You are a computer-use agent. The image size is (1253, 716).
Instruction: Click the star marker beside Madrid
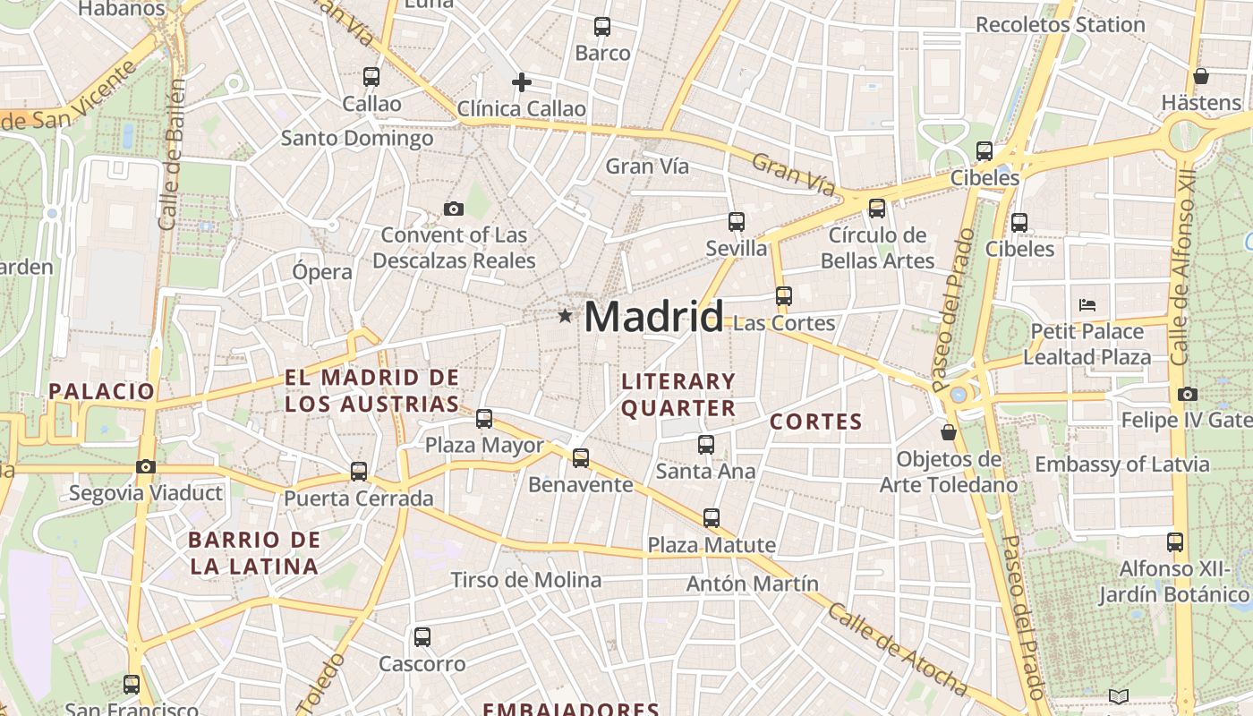pos(565,316)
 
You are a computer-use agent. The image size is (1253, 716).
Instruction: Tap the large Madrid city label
pos(653,317)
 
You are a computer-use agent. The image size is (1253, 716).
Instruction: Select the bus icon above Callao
pos(371,77)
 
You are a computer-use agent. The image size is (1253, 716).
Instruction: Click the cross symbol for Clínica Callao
pos(522,83)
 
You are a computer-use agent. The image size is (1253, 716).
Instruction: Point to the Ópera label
pos(322,271)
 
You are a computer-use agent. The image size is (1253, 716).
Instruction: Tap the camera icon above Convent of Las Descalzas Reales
pos(454,209)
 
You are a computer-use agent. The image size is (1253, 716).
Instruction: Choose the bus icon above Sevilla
pos(737,222)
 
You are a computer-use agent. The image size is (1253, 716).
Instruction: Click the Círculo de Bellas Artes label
pos(877,248)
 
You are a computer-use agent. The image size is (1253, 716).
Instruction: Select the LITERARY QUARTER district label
pos(678,395)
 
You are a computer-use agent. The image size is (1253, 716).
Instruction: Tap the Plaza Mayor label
pos(484,445)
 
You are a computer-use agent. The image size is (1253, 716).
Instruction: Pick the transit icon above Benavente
pos(581,458)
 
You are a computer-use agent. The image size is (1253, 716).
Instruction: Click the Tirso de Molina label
pos(526,580)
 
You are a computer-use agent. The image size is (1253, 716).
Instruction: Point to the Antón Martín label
pos(753,584)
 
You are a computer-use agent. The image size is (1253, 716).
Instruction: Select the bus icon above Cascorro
pos(422,637)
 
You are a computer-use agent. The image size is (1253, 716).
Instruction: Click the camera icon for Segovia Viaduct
pos(146,466)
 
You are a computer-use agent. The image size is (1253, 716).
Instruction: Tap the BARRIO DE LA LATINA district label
pos(254,553)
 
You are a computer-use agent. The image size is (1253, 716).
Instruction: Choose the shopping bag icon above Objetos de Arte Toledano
pos(949,433)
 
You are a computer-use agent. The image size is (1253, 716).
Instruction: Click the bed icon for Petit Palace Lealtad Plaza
pos(1087,305)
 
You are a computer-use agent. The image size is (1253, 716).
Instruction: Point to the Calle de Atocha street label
pos(897,650)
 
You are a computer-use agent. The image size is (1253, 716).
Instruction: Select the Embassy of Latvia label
pos(1122,465)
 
